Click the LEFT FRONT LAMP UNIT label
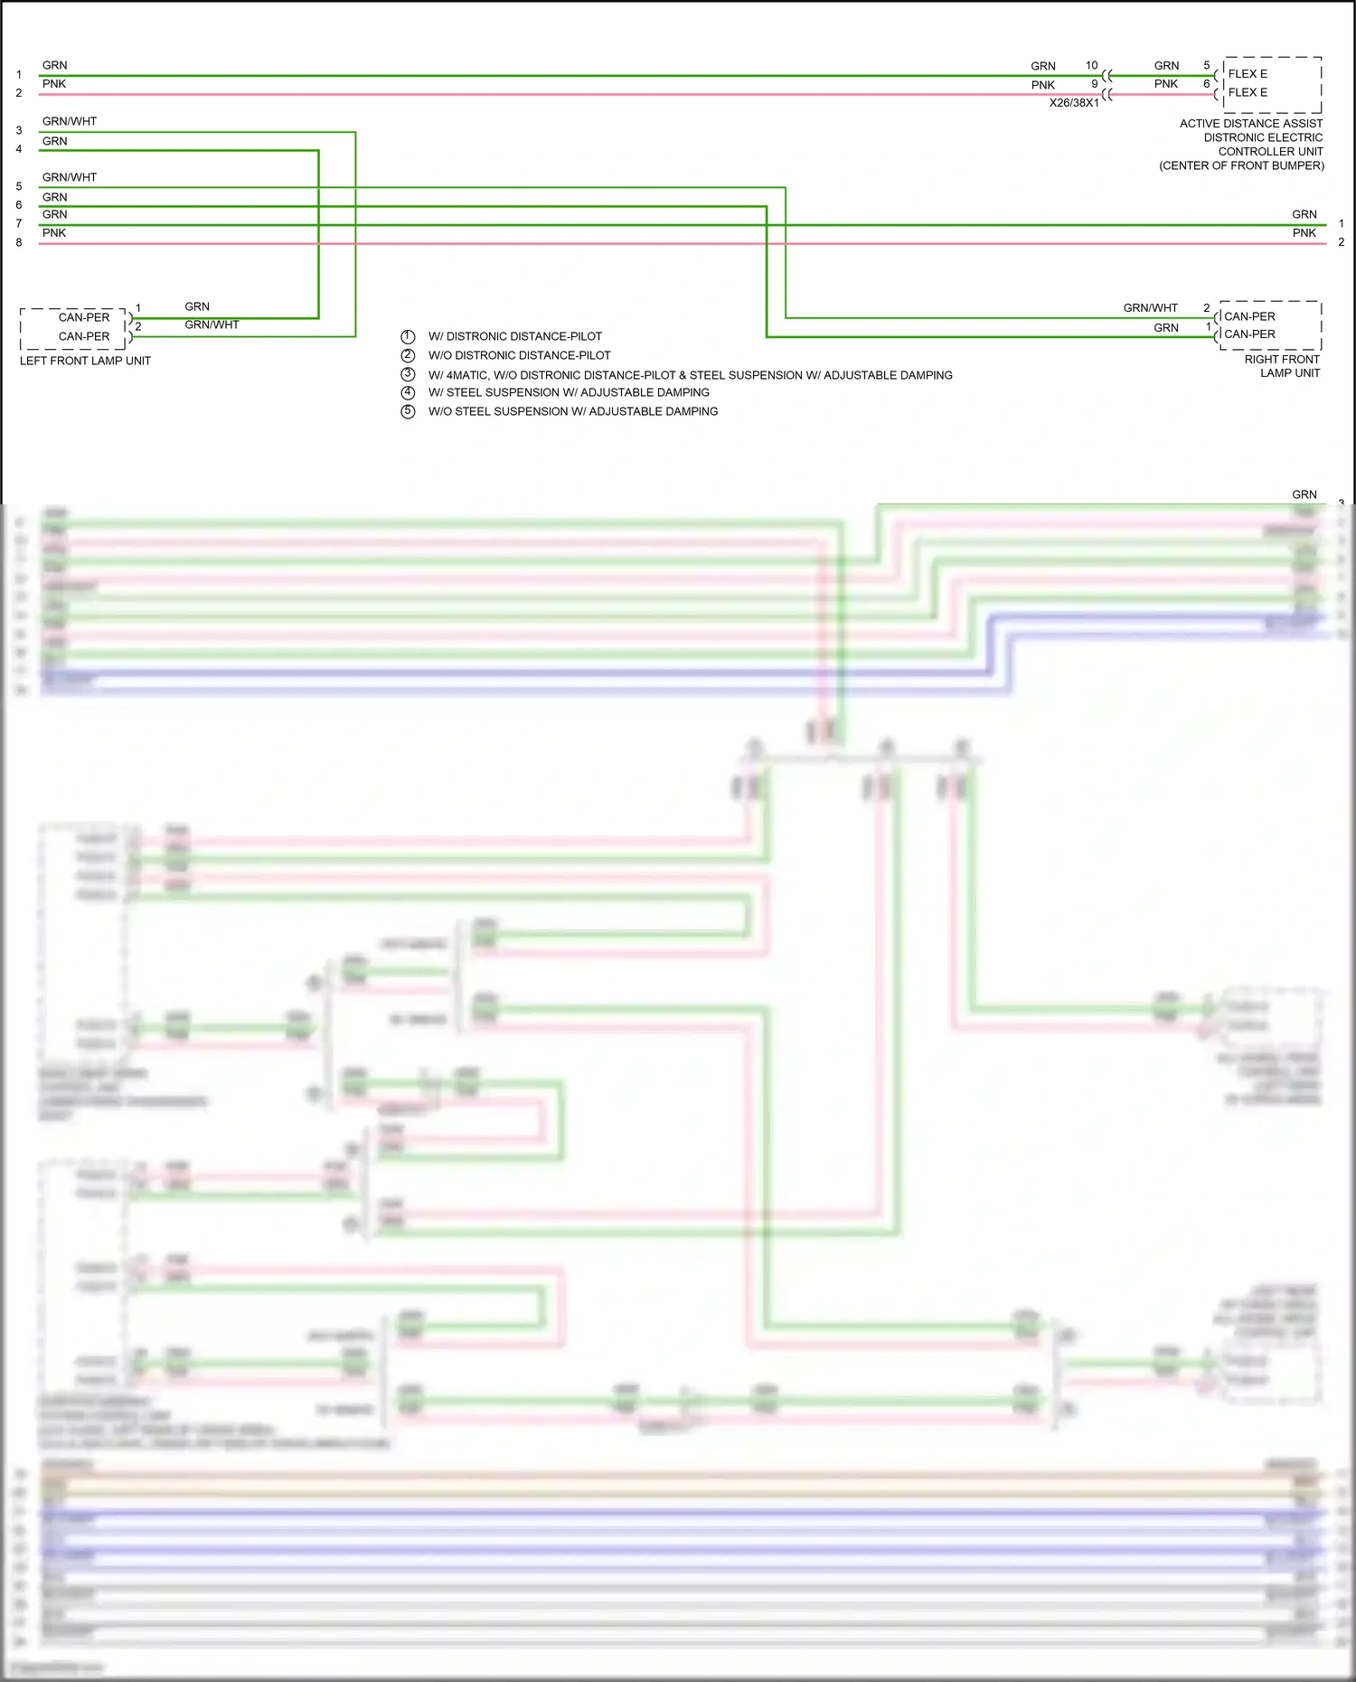point(85,361)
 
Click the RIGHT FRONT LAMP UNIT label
point(1282,366)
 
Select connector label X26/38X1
point(1073,103)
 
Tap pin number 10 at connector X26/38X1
point(1091,65)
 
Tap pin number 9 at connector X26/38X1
point(1094,84)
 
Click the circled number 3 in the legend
point(408,374)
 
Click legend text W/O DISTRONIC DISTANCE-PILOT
point(519,355)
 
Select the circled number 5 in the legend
point(408,411)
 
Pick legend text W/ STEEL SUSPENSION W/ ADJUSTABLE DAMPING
point(569,392)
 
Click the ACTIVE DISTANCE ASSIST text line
point(1250,124)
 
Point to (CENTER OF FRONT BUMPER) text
point(1241,165)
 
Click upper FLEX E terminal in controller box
point(1248,74)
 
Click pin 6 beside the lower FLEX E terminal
point(1206,84)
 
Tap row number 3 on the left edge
point(19,130)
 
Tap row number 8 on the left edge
point(19,242)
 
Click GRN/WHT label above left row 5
point(69,177)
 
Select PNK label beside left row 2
point(54,84)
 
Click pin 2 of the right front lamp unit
point(1206,308)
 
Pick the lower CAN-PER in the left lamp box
point(84,336)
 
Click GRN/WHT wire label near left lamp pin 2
point(212,324)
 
